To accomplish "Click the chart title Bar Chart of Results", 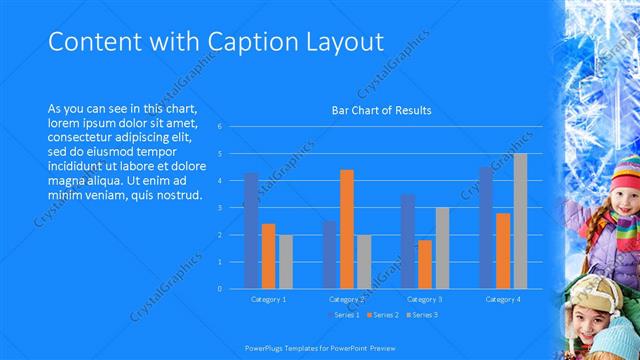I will pyautogui.click(x=381, y=110).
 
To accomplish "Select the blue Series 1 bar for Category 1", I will pyautogui.click(x=251, y=231).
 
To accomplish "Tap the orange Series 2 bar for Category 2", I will pyautogui.click(x=346, y=229).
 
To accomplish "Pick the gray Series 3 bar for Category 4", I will pyautogui.click(x=520, y=221).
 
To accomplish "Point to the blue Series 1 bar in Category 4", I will pyautogui.click(x=485, y=228).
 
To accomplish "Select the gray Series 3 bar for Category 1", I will pyautogui.click(x=286, y=261).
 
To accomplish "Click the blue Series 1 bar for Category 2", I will pyautogui.click(x=329, y=254).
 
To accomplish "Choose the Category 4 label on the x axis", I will pyautogui.click(x=503, y=299).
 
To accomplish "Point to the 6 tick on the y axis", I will pyautogui.click(x=232, y=128).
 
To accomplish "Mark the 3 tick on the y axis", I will pyautogui.click(x=232, y=208).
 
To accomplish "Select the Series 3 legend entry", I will pyautogui.click(x=423, y=315).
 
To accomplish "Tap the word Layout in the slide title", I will pyautogui.click(x=344, y=42).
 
